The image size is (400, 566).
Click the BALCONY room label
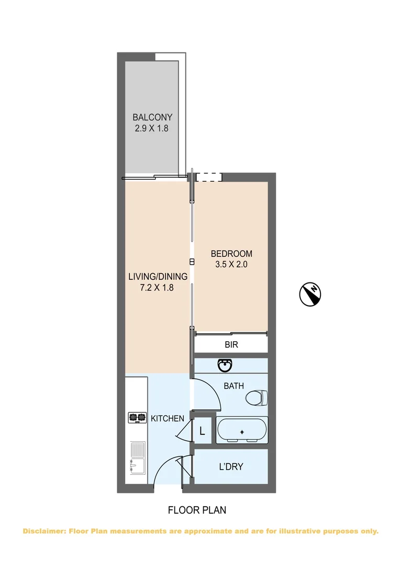(x=152, y=117)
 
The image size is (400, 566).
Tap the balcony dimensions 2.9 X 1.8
(x=152, y=128)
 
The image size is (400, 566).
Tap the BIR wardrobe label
(x=231, y=345)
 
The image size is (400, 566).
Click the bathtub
(x=242, y=430)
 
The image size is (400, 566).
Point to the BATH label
(x=234, y=386)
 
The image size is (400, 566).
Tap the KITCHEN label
(x=168, y=418)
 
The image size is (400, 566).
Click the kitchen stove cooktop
(x=137, y=418)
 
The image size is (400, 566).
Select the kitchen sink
(x=137, y=456)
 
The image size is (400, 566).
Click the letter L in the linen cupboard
(x=202, y=431)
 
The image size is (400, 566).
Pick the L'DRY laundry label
(x=230, y=466)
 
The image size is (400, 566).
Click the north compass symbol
(x=311, y=293)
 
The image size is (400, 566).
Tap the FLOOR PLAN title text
(x=197, y=509)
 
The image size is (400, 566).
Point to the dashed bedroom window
(x=209, y=177)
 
